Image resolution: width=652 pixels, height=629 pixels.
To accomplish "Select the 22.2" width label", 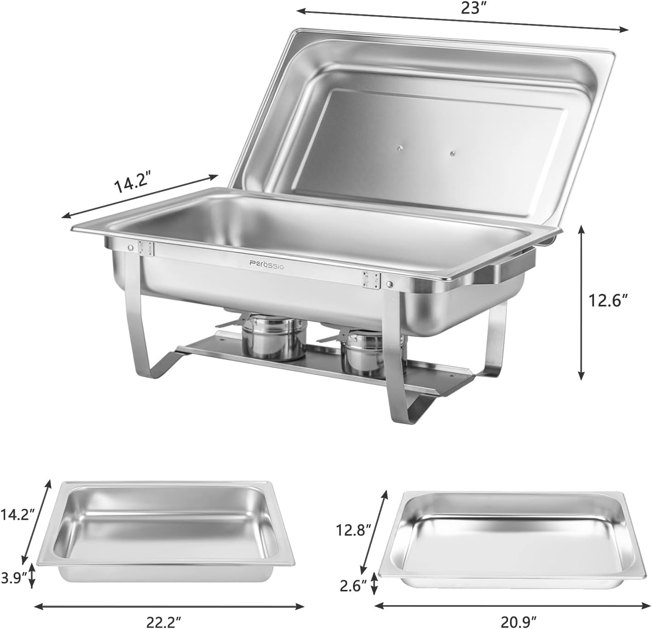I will (163, 622).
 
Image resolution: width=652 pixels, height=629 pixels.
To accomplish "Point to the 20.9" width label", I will (519, 622).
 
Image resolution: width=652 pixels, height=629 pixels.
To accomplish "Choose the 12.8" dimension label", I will (353, 530).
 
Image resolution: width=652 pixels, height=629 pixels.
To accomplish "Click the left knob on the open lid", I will (400, 148).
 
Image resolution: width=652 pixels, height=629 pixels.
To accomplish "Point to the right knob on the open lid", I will (453, 153).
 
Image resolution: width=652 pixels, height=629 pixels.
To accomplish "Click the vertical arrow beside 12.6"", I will (582, 302).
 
